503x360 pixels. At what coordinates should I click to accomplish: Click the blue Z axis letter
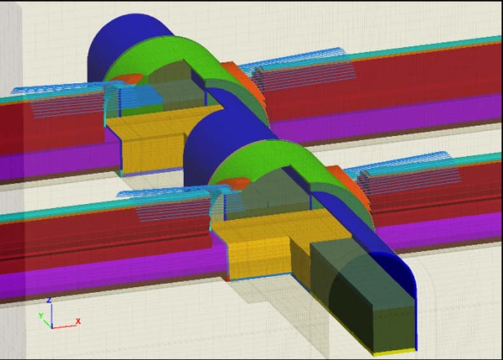[49, 300]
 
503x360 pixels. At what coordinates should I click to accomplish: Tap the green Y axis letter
[41, 315]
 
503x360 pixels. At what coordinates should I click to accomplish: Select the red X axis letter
[78, 321]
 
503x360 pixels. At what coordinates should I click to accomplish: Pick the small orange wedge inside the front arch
[234, 183]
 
